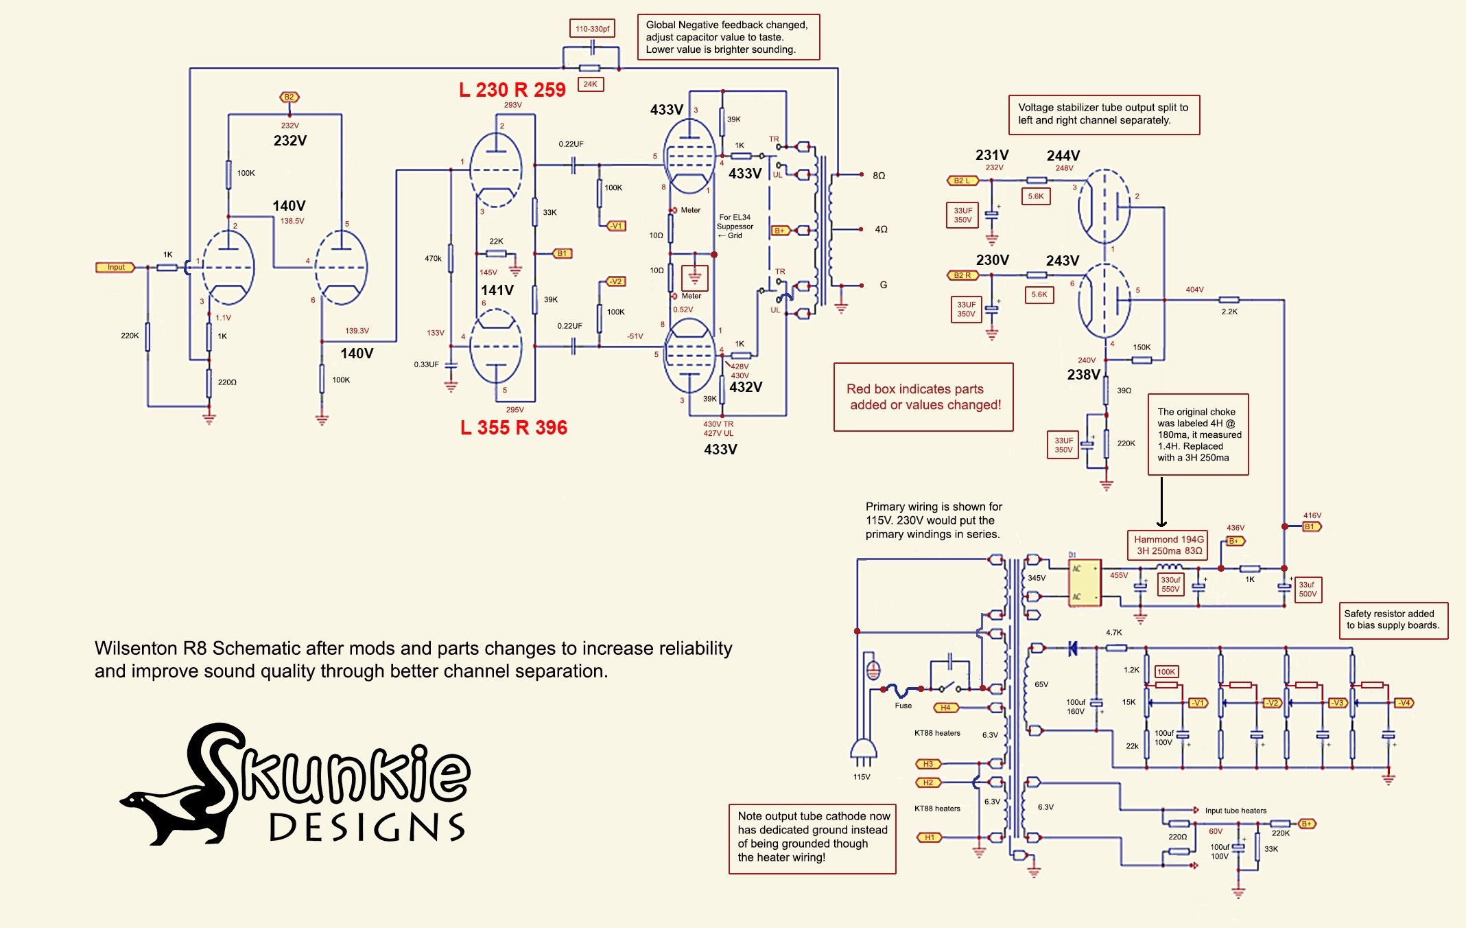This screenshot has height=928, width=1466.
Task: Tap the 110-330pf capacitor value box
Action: (x=592, y=29)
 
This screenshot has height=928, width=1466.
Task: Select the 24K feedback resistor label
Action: (x=590, y=84)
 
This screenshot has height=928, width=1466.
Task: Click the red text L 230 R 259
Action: (x=512, y=90)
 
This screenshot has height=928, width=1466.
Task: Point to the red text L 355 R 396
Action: (x=513, y=428)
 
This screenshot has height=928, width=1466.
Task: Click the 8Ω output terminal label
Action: (x=879, y=176)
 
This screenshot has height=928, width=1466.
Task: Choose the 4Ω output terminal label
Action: (x=881, y=229)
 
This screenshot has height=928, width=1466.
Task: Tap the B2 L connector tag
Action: (x=962, y=181)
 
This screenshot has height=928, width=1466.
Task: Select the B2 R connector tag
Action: (x=962, y=275)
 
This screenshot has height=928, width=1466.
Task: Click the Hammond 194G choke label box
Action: (x=1168, y=545)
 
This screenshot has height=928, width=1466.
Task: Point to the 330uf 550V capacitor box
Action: (x=1170, y=584)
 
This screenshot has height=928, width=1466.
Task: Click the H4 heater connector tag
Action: (x=945, y=708)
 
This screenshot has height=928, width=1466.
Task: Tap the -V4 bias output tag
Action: (x=1404, y=703)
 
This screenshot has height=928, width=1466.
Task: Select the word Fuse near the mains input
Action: (x=903, y=706)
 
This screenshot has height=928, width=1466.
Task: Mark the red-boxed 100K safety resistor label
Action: (x=1166, y=672)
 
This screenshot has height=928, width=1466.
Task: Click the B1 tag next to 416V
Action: (x=1311, y=526)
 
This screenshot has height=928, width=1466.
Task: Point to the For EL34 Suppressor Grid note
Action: (x=735, y=227)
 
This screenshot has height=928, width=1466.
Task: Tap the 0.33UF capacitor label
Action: (x=426, y=364)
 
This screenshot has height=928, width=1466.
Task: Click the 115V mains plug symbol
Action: (x=862, y=752)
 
